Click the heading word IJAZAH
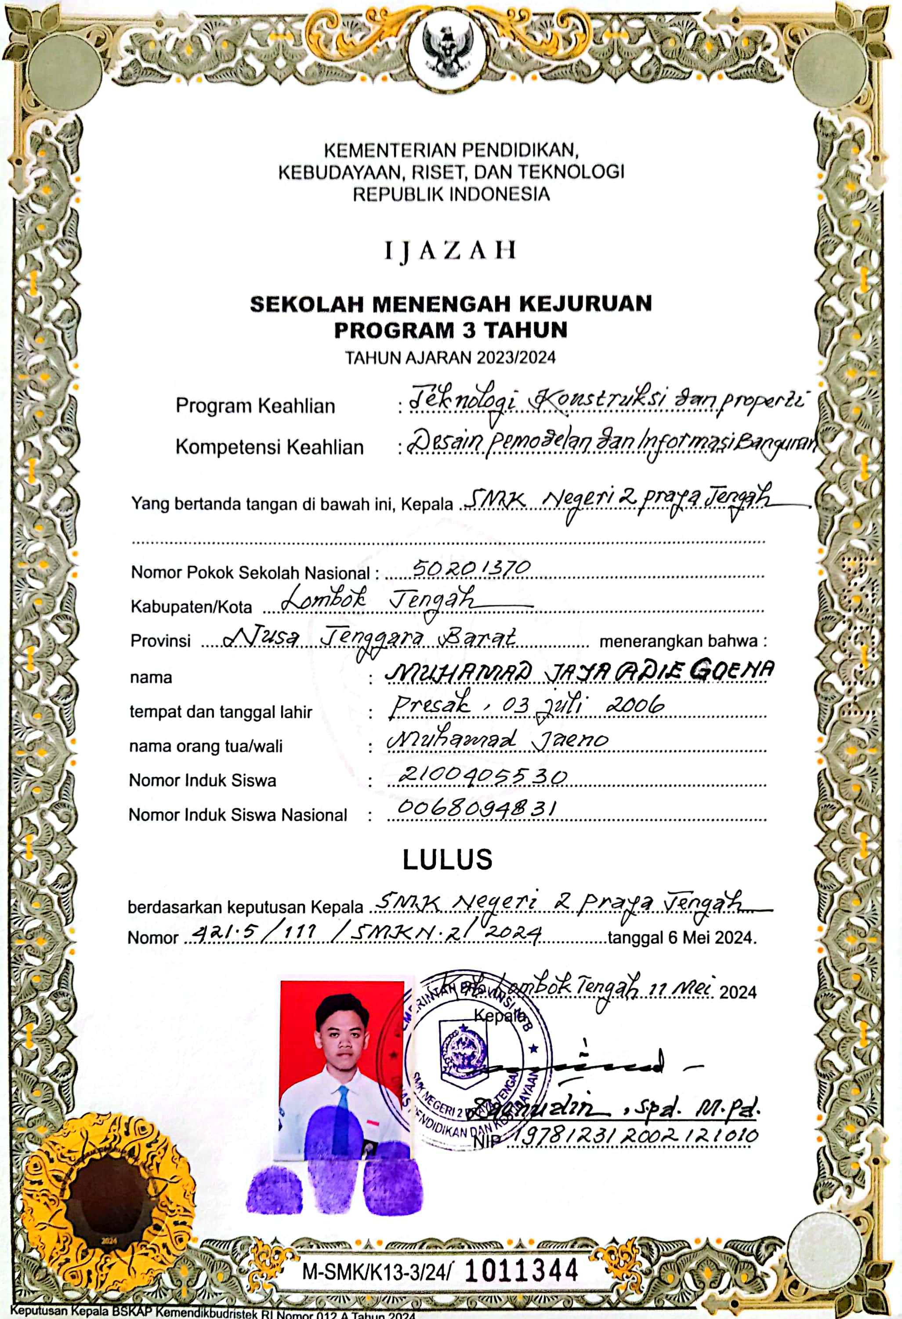click(450, 250)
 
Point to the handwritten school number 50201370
click(471, 567)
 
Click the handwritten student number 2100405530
click(482, 775)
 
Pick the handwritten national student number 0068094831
click(477, 808)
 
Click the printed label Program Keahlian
click(255, 406)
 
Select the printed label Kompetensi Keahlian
click(269, 447)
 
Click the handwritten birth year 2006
click(635, 706)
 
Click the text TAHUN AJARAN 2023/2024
click(450, 357)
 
